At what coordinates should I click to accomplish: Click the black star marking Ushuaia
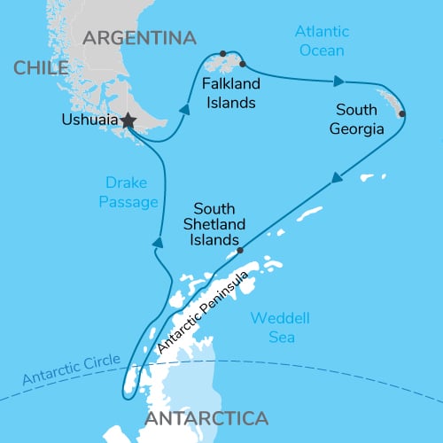[128, 120]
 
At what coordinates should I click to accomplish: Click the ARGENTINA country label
[138, 38]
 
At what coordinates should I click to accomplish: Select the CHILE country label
[36, 68]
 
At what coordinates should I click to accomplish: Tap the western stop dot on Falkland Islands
[223, 53]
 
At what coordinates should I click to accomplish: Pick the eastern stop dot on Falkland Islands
[242, 63]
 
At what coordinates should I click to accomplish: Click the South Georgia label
[360, 120]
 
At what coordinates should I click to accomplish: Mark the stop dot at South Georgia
[402, 113]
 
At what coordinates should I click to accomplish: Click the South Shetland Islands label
[214, 224]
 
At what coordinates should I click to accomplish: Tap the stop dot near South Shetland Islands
[240, 251]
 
